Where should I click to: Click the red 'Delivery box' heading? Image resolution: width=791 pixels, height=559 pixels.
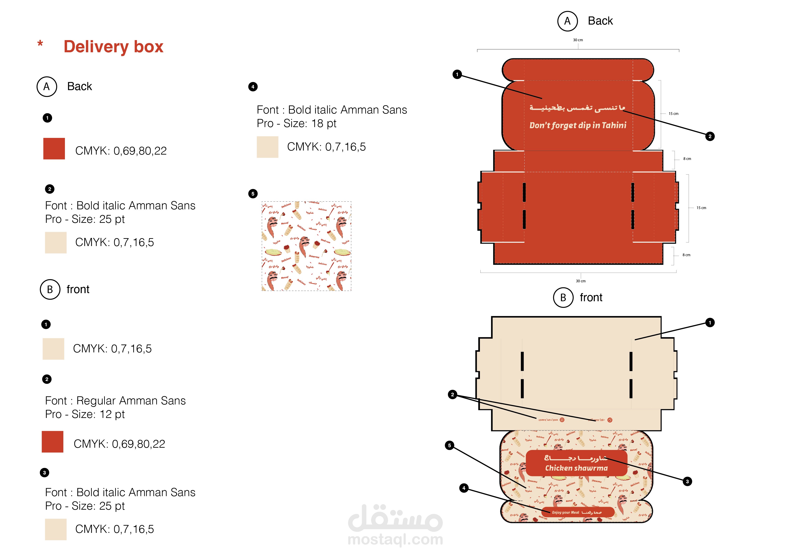113,46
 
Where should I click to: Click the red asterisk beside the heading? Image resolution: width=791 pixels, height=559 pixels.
40,44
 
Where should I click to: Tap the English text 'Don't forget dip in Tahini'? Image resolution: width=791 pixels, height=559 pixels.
578,125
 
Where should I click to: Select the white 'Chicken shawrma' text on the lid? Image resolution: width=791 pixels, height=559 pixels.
576,468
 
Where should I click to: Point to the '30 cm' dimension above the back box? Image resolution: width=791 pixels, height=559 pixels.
578,40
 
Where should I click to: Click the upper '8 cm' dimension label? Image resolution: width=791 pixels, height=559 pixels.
687,159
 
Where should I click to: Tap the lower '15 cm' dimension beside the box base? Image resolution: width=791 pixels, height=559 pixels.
701,208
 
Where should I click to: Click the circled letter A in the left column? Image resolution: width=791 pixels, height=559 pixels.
46,87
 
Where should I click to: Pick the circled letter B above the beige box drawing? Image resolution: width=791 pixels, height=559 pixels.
563,298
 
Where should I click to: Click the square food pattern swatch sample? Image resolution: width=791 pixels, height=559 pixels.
306,246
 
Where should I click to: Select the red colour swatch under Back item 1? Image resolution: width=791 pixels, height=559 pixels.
54,148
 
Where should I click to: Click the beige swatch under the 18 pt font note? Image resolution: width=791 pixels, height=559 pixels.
267,147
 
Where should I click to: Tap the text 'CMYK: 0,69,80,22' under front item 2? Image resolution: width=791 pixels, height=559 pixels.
119,444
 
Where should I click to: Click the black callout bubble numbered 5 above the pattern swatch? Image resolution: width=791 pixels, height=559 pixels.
253,194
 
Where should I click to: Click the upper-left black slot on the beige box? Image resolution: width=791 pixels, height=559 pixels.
522,361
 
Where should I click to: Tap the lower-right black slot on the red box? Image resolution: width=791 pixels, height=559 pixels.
633,219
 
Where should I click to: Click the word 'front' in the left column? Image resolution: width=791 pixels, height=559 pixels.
78,289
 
